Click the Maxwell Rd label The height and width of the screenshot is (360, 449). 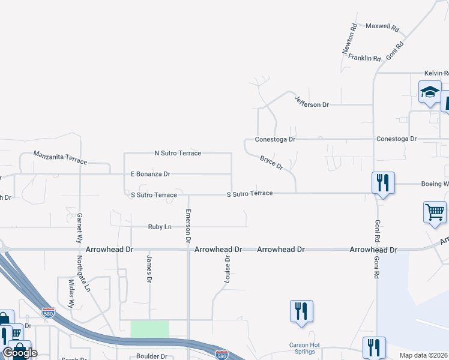[382, 28]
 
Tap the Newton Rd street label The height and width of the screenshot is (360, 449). [350, 40]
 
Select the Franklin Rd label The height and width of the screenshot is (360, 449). [364, 58]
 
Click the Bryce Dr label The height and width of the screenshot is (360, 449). [271, 162]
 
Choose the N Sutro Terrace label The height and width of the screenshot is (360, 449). [178, 153]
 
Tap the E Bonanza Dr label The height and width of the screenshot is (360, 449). [151, 174]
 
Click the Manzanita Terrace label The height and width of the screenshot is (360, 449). [60, 158]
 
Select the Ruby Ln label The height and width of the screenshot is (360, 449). [160, 227]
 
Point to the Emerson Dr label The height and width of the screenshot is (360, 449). [188, 226]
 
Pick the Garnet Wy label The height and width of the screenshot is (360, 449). [79, 227]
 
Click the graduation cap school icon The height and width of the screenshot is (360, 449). [430, 92]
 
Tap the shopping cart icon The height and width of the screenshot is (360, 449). [435, 212]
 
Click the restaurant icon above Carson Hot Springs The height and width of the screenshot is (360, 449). [301, 311]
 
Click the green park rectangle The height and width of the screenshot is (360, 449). [149, 329]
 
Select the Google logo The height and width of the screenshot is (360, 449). [20, 353]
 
